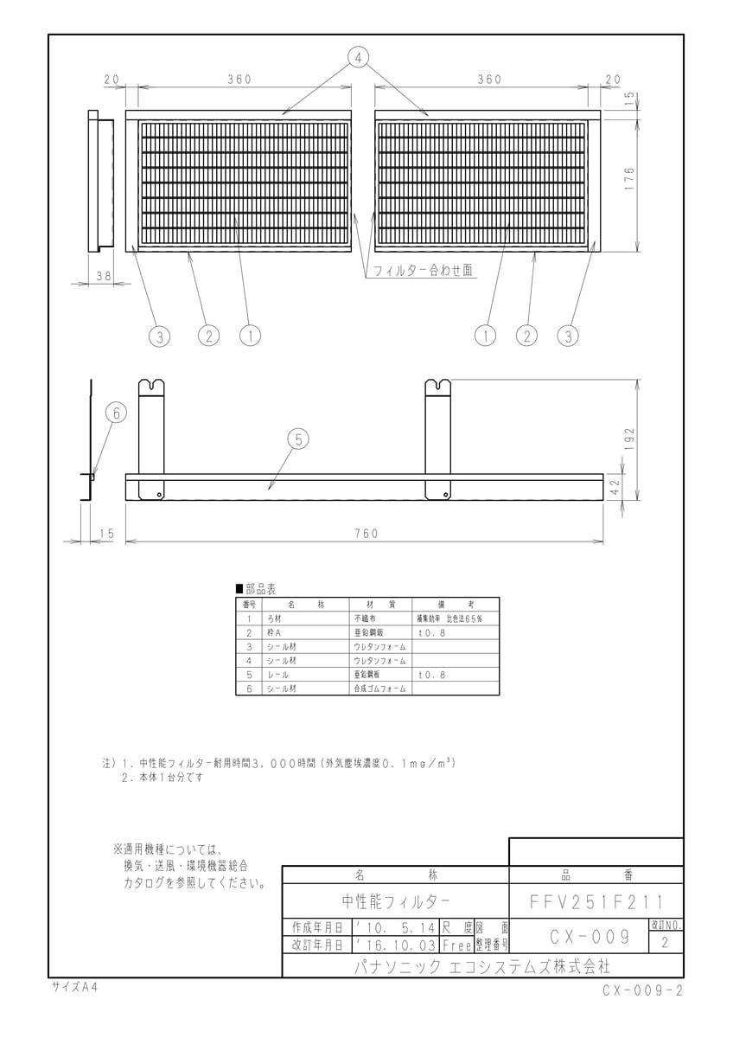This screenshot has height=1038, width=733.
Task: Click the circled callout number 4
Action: [358, 58]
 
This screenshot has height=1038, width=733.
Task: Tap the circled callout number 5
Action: [298, 439]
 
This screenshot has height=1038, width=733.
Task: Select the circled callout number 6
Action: [116, 413]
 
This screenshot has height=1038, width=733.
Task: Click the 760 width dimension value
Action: [366, 534]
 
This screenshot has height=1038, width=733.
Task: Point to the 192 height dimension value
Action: [628, 439]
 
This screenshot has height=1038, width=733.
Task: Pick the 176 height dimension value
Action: [628, 180]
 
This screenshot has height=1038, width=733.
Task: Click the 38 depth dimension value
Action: [104, 276]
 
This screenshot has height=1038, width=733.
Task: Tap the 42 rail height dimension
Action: [615, 487]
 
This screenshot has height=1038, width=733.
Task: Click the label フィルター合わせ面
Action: [423, 270]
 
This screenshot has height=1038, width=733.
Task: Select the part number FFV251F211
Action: [596, 901]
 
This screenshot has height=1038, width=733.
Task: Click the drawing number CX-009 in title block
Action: [590, 937]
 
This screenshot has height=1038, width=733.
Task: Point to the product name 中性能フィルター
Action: [396, 901]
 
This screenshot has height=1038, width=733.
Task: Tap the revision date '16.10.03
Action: [396, 945]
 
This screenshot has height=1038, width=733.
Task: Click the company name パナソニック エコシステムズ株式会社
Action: [482, 967]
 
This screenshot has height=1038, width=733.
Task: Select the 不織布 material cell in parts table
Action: [365, 618]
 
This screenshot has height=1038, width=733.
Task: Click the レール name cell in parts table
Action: [277, 675]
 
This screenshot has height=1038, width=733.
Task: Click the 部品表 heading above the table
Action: [256, 589]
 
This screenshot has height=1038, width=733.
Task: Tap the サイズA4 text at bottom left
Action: [74, 988]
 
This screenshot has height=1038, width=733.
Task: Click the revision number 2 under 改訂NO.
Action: [665, 943]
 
